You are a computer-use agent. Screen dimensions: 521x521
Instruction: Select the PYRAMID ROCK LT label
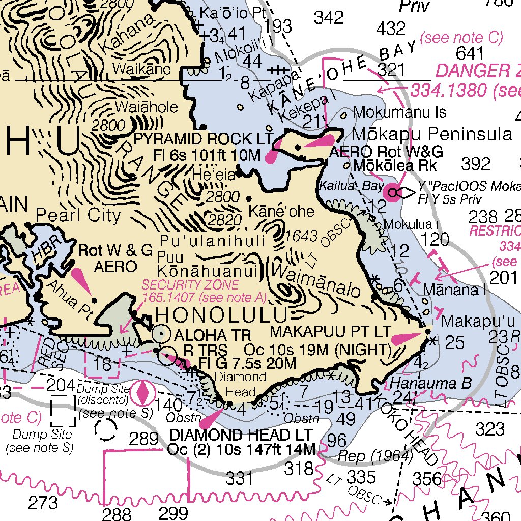click(203, 139)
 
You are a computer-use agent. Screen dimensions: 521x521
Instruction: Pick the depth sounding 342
click(329, 18)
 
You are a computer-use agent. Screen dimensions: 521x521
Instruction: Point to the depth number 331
click(239, 478)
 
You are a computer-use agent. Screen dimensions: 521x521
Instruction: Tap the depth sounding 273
click(43, 503)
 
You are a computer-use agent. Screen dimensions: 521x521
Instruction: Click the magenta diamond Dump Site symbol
click(144, 393)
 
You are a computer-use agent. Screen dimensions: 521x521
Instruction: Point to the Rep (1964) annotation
click(375, 456)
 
